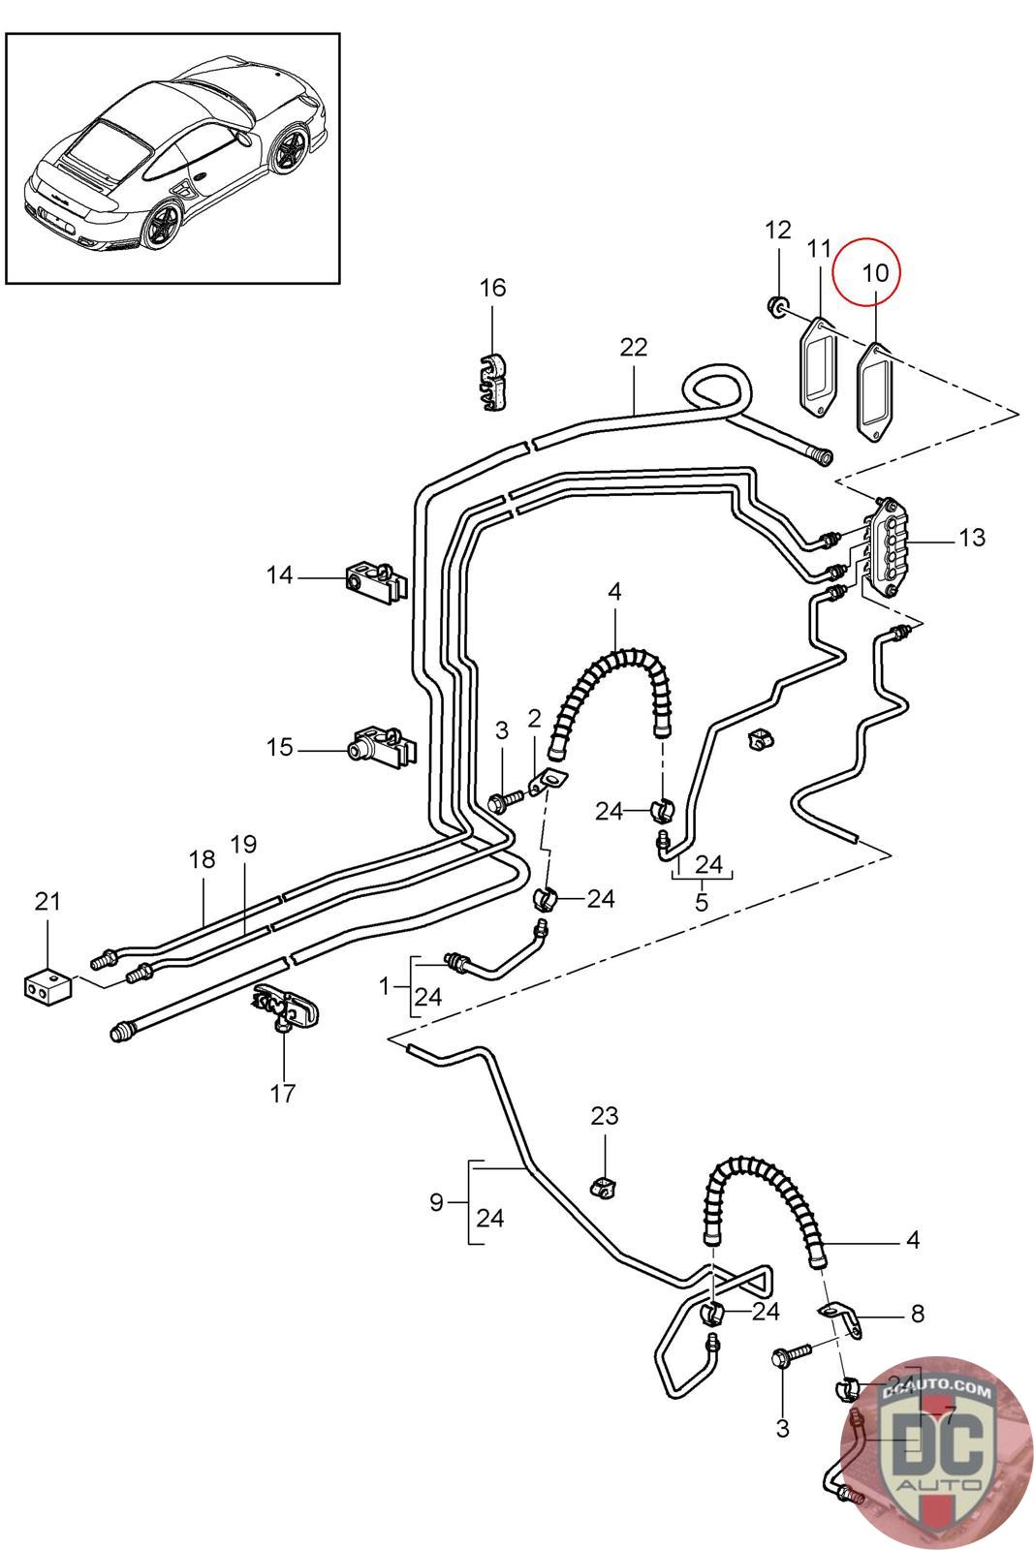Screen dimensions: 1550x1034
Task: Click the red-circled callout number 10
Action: [874, 273]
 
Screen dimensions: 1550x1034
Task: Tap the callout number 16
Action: [492, 288]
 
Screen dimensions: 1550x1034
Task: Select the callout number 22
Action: [633, 347]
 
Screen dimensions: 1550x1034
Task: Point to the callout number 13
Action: [971, 537]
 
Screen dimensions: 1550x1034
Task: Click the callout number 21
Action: [47, 901]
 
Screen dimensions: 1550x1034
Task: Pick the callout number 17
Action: [282, 1094]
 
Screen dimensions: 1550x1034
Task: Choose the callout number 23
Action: [605, 1116]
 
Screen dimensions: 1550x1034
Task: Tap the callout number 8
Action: [917, 1314]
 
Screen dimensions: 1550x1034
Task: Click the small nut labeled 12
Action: [777, 308]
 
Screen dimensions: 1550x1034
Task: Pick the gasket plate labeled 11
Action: [815, 370]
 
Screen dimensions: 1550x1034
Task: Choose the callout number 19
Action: [243, 844]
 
